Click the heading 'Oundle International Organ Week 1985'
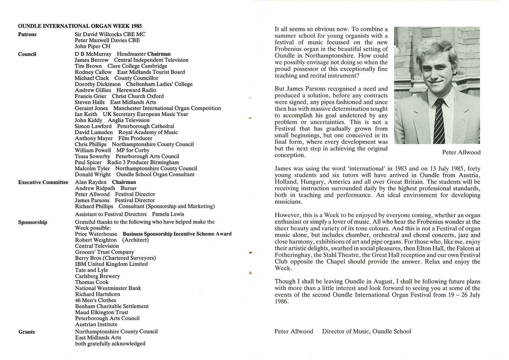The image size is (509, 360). coord(80,26)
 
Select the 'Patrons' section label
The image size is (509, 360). coord(27,34)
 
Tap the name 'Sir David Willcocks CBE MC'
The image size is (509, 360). coord(110,34)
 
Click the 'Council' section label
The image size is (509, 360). coord(27,54)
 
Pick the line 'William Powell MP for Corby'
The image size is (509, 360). coord(112,150)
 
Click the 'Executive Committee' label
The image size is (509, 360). coord(43,182)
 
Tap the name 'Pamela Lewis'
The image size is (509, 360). coord(168,214)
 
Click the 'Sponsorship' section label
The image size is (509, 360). coord(33,222)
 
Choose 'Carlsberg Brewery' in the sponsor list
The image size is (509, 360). coord(97,276)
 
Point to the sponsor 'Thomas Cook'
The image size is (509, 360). coord(92,282)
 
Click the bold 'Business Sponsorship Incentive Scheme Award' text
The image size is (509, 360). coord(177,234)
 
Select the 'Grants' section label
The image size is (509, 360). coord(26,332)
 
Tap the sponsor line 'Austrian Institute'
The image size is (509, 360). coord(96,324)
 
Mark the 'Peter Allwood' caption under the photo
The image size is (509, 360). coord(461,152)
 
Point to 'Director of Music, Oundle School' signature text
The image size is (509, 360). coord(366,331)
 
